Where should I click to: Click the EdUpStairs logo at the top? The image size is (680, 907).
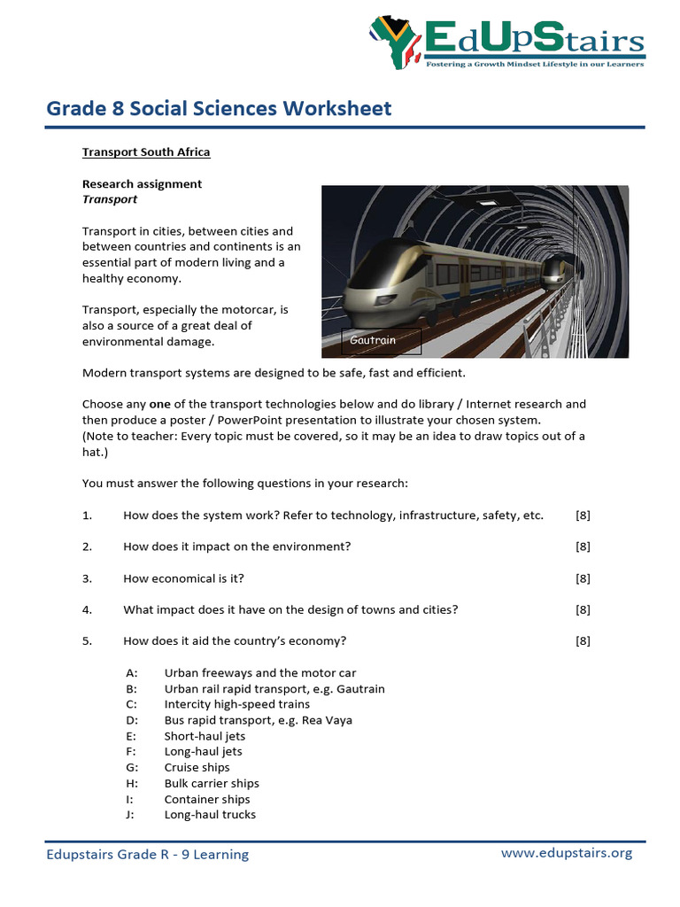506,42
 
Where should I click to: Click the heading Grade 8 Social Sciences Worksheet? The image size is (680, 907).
219,108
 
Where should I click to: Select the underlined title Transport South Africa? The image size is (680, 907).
146,151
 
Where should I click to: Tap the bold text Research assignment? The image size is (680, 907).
142,183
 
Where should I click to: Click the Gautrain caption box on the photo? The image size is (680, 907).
381,340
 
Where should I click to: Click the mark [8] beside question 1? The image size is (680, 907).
583,516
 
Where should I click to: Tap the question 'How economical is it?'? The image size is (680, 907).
183,578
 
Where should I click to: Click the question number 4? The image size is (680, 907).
88,609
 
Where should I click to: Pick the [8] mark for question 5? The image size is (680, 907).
583,641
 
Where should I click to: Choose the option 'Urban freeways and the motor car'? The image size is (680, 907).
260,673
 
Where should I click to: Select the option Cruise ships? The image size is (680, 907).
197,767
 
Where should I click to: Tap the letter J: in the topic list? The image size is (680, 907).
130,815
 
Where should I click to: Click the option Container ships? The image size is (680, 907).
207,799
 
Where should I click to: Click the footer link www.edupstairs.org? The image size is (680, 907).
567,853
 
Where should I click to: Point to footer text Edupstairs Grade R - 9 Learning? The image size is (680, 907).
148,854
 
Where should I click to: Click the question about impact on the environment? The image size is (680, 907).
236,547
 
